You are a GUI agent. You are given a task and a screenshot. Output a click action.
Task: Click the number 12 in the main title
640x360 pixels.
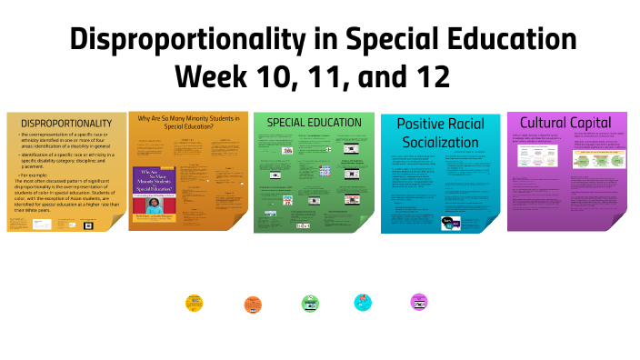coord(429,75)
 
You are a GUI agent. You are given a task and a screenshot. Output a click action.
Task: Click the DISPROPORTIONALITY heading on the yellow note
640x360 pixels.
coord(66,123)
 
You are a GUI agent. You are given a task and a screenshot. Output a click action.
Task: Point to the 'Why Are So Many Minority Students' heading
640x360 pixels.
coord(188,118)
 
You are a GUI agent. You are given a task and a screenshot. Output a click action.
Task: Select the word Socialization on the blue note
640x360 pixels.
coord(441,142)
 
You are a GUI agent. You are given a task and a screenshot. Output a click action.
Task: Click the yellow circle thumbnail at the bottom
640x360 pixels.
coord(194,303)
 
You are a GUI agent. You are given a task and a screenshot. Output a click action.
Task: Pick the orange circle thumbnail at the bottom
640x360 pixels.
coord(253,305)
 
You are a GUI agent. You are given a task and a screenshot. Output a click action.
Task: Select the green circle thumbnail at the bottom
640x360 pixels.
coord(310,304)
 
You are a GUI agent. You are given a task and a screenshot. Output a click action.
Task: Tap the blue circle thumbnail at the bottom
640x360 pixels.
coord(363,302)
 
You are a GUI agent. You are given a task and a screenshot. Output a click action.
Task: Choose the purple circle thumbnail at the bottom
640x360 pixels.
coord(419,302)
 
